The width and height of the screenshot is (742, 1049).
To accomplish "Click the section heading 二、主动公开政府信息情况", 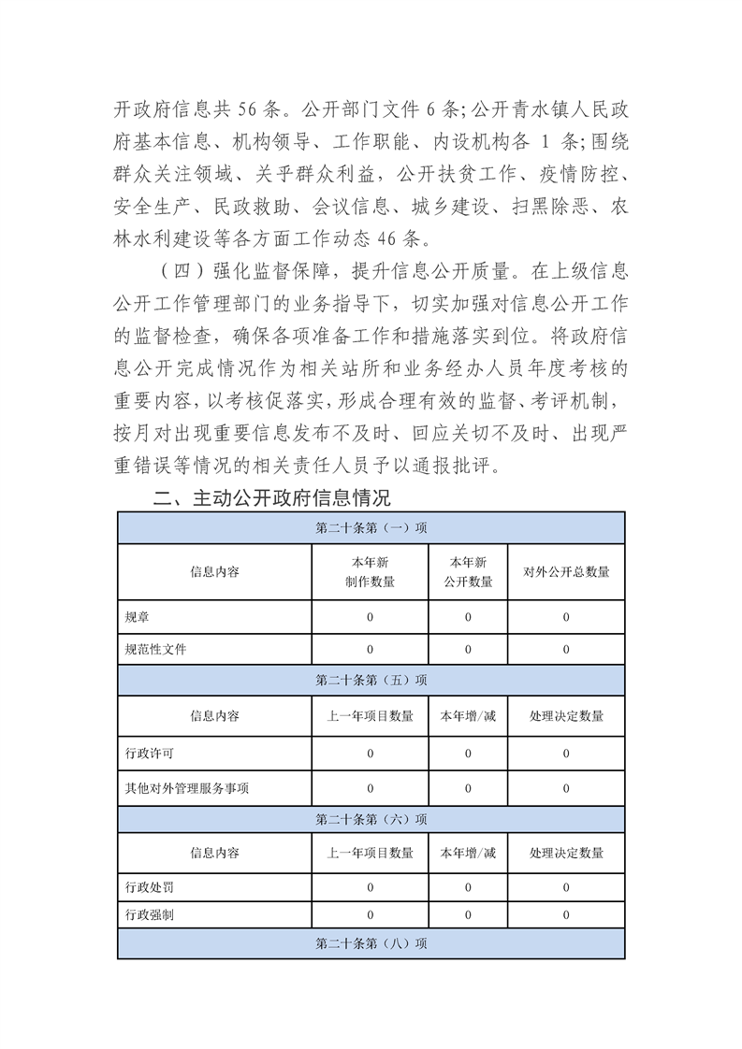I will tap(271, 497).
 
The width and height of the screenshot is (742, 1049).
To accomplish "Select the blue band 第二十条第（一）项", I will tap(371, 527).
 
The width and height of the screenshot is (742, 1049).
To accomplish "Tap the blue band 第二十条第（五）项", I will tap(371, 680).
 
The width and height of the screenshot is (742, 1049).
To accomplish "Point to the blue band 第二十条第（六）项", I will tap(371, 819).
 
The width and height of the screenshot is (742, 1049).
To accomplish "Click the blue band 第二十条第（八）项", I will tap(371, 944).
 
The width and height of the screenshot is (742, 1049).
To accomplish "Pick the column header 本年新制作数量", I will tap(370, 571).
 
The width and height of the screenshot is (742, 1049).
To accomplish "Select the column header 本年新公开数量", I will tap(468, 571).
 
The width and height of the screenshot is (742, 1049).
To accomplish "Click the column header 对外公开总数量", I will tap(566, 571).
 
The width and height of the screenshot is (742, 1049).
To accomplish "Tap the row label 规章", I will tap(136, 617).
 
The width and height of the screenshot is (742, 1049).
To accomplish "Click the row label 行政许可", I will tap(149, 754).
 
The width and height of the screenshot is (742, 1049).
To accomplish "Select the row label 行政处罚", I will tap(149, 886).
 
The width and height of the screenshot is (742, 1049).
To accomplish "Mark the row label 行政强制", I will tap(149, 915).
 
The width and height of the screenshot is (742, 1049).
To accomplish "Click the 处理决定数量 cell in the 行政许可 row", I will tap(566, 754).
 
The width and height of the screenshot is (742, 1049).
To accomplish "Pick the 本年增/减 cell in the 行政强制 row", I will tap(468, 915).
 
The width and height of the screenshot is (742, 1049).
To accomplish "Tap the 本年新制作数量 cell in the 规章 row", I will tap(370, 617).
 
